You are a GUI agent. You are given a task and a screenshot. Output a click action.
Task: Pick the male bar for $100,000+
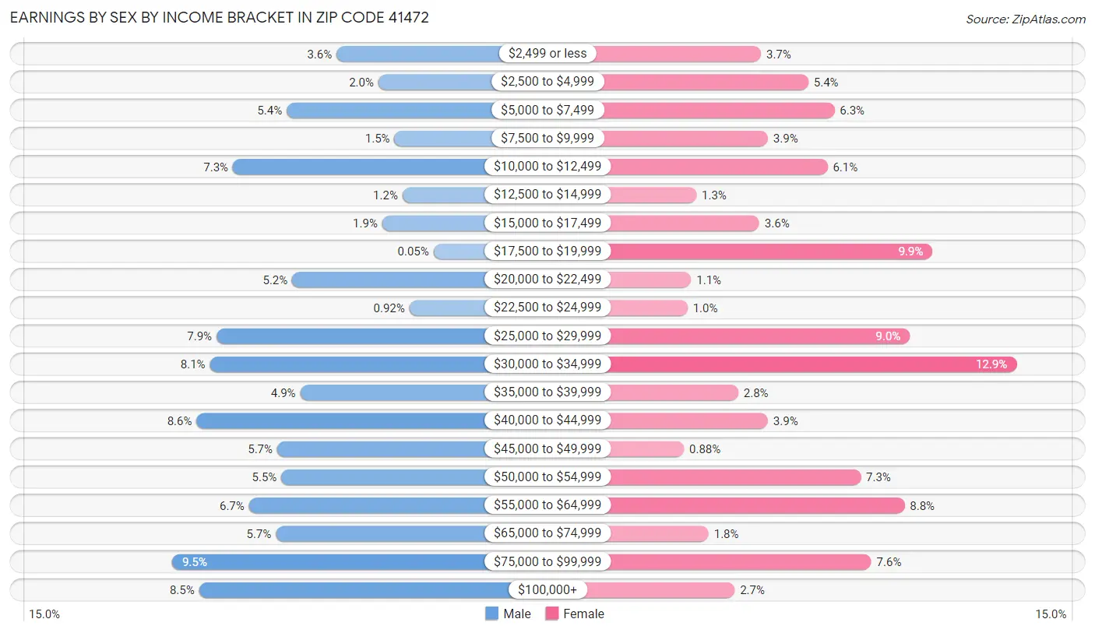click(354, 590)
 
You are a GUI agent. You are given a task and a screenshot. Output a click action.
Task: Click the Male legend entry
click(508, 614)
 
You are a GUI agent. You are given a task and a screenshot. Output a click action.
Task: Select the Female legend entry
click(575, 614)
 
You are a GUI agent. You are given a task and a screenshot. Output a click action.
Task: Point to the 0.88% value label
click(705, 449)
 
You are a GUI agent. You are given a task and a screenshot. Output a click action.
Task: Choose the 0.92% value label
click(389, 308)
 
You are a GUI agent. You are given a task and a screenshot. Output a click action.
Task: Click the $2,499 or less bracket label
click(547, 54)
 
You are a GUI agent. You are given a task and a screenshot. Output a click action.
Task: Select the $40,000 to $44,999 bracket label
click(547, 421)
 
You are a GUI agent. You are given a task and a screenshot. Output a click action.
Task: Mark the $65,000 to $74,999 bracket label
click(547, 534)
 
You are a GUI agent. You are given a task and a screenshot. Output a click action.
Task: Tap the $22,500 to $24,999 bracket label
click(547, 308)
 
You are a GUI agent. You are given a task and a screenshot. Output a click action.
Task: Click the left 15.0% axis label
click(44, 614)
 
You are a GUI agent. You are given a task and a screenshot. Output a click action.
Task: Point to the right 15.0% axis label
click(1050, 614)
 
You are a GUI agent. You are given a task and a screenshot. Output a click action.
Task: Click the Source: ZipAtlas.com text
click(1025, 19)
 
